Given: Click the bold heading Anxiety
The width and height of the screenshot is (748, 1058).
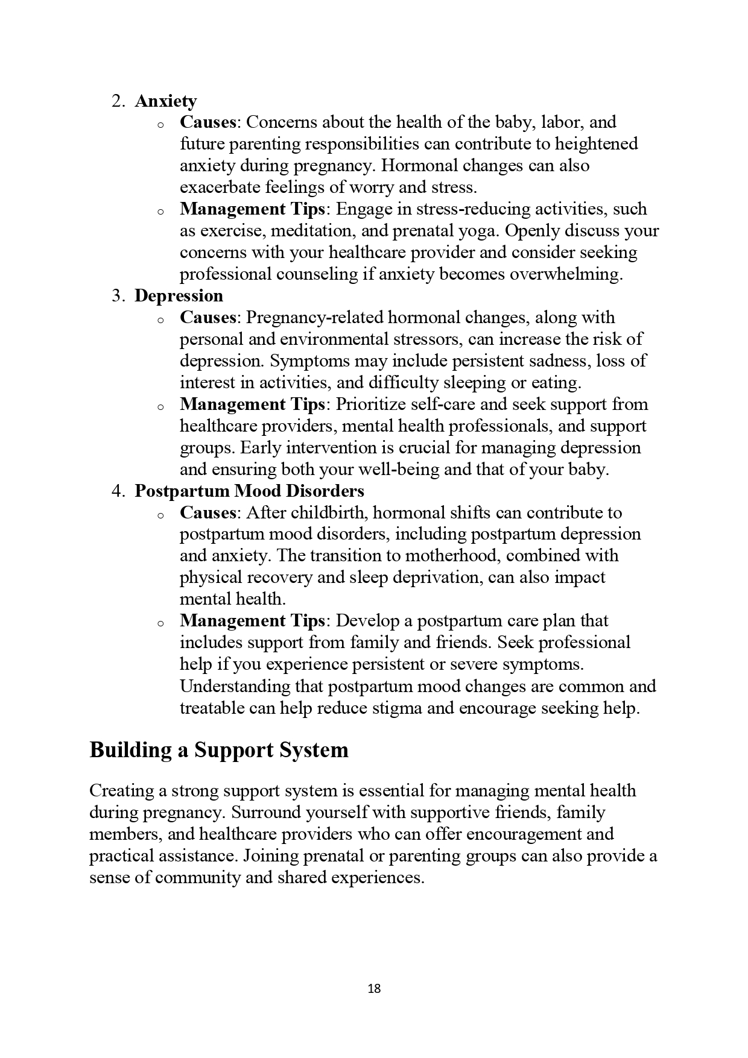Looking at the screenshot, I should tap(165, 101).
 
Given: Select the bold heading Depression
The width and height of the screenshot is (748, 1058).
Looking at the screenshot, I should tap(179, 295).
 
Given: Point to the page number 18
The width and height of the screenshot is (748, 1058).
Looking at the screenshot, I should tap(374, 989).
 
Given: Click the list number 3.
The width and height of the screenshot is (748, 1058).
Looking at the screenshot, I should tap(117, 295).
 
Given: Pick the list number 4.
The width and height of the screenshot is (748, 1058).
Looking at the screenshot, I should tap(117, 491).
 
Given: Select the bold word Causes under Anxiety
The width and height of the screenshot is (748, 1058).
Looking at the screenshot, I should tap(208, 122).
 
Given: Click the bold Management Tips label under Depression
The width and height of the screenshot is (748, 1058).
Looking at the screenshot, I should tap(253, 404).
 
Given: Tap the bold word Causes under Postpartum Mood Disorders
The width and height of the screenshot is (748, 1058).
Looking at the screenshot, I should tap(208, 512).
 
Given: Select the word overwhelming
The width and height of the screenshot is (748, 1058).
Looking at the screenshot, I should tap(565, 274).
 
